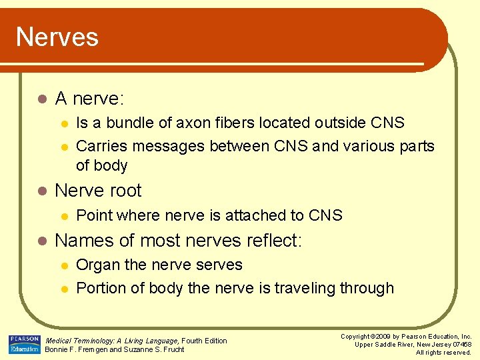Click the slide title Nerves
[x=57, y=37]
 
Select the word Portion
[x=101, y=289]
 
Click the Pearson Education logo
[x=25, y=344]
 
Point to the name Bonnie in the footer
[x=58, y=349]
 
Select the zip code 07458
[x=460, y=344]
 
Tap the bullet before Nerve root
[x=41, y=191]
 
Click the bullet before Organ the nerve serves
[x=63, y=265]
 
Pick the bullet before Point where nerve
[x=63, y=216]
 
